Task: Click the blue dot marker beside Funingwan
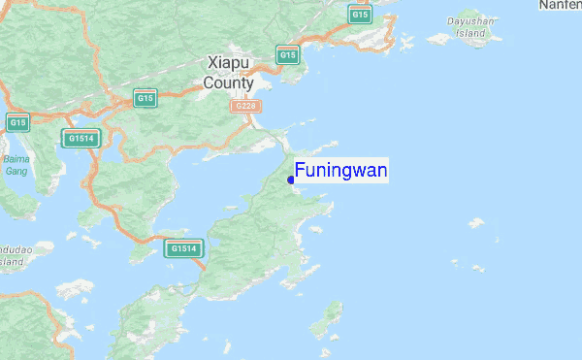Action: pos(291,180)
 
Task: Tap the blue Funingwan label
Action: pos(341,172)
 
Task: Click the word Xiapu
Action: pos(228,62)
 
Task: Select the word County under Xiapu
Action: pos(228,82)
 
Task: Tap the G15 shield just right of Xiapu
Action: pos(287,55)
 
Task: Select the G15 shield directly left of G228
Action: pos(145,98)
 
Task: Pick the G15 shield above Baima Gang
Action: pos(17,122)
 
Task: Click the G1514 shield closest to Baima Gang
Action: pos(81,139)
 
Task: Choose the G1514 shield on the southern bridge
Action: pos(183,248)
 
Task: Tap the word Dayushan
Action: pos(471,20)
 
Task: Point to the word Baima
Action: pos(15,158)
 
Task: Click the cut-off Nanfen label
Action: pos(562,6)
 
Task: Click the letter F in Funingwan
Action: pos(301,172)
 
